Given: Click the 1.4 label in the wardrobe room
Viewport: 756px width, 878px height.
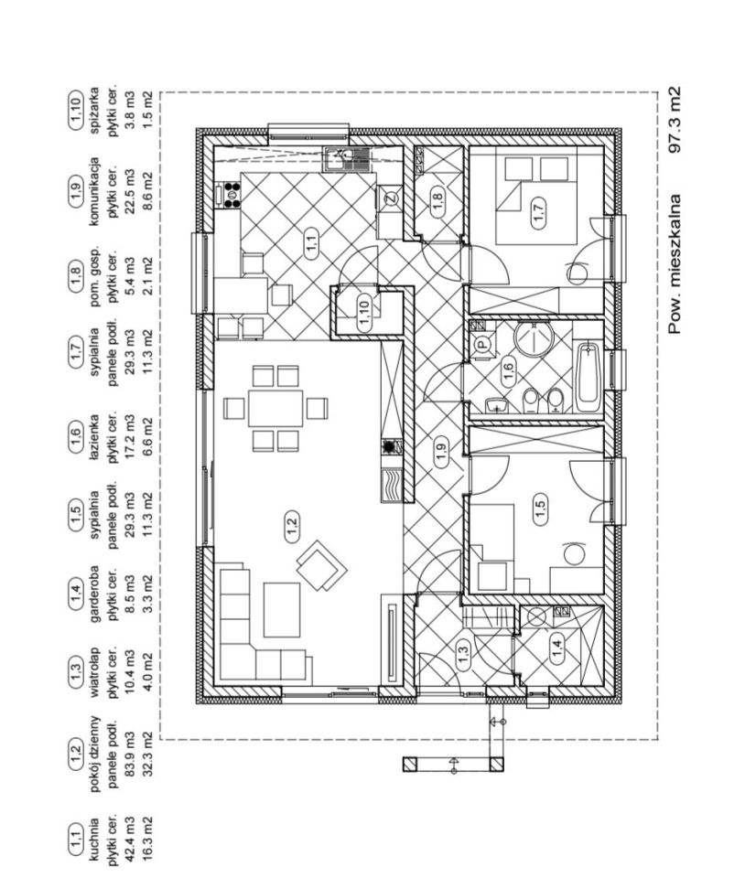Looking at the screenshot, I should tap(557, 651).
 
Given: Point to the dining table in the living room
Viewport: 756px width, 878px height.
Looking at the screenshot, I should tap(275, 407).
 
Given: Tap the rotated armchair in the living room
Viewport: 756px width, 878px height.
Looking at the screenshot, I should tap(321, 565).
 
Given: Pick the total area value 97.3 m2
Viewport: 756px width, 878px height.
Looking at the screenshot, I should tap(675, 119).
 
